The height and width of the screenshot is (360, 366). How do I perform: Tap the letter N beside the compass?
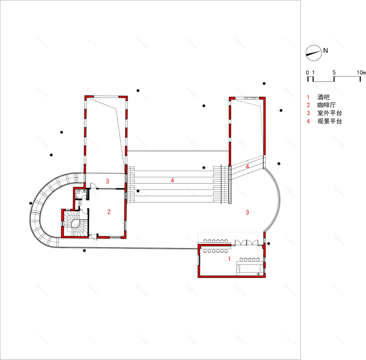coord(326,51)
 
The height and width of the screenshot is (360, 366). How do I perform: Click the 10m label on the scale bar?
coord(361,72)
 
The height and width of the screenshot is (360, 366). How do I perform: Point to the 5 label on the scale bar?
coord(334,72)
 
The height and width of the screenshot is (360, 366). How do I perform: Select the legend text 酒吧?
coord(323,96)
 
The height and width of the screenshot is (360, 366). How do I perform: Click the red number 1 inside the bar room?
coord(229,259)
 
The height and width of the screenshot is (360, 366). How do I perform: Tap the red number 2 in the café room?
coord(109,212)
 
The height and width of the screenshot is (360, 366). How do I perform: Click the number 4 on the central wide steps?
coord(172,181)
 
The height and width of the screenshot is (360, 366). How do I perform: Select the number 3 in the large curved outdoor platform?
coord(247,212)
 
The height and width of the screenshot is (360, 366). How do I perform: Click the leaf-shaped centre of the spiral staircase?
coord(76,224)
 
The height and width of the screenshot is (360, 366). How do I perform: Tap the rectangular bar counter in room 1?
coord(249,266)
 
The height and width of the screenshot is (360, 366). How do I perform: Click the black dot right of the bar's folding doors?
coord(269,243)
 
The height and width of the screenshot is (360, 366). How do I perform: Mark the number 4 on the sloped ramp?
coord(247,166)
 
